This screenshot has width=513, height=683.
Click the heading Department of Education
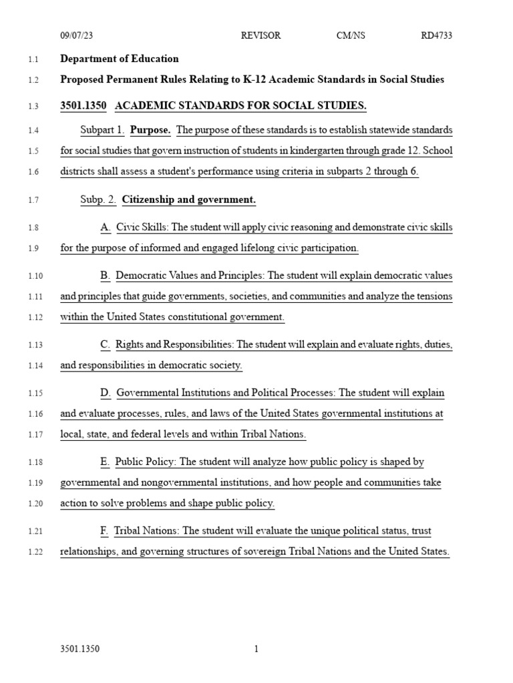120,59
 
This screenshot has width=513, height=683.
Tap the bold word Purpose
150,130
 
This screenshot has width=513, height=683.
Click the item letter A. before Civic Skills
106,227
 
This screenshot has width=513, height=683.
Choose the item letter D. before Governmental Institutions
106,393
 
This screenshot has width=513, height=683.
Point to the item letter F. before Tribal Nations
104,531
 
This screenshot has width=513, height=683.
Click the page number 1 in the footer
256,649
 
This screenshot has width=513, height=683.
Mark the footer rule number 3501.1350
79,649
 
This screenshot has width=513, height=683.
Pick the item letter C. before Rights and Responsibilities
106,345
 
